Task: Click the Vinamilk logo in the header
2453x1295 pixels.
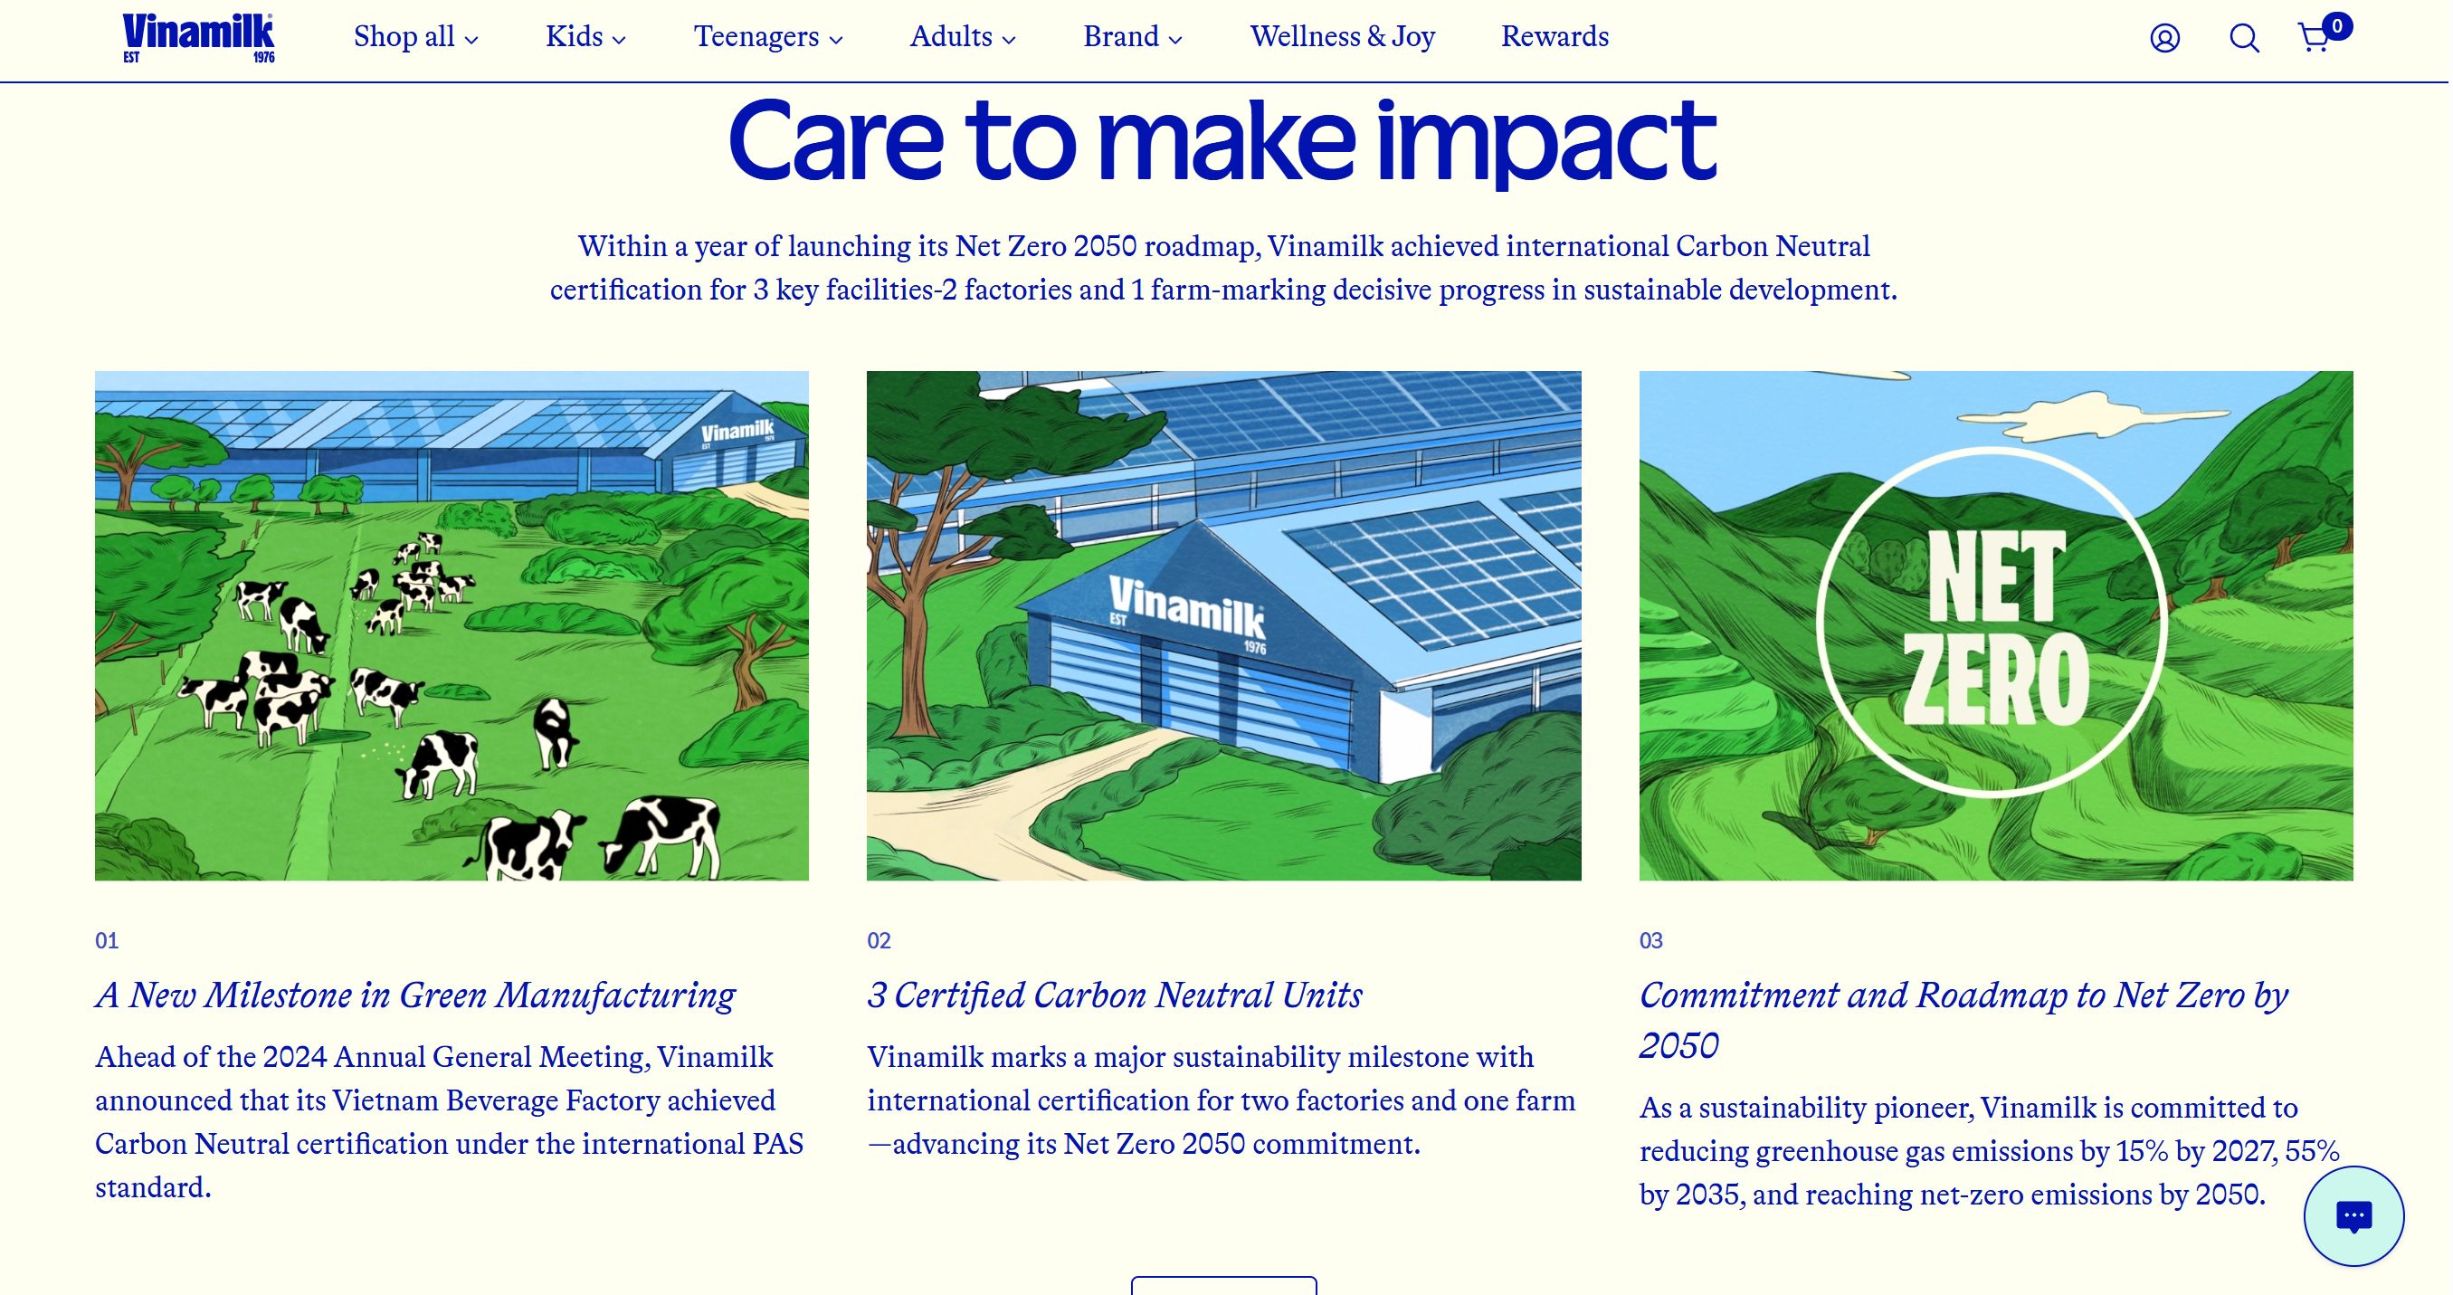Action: pos(198,38)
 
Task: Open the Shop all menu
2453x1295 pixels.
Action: pos(416,37)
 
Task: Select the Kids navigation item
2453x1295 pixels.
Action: pos(585,37)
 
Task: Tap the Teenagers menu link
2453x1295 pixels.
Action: pos(768,37)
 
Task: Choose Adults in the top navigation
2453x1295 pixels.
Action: pos(963,37)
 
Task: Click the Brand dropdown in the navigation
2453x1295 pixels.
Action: pos(1132,37)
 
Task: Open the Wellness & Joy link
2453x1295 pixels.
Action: pos(1342,37)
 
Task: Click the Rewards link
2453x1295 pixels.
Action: pos(1555,37)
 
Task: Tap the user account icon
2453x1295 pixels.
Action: pos(2164,38)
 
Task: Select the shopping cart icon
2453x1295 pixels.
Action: pos(2315,38)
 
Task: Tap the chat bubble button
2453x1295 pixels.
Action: pos(2353,1216)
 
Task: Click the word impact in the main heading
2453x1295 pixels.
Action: pos(1545,141)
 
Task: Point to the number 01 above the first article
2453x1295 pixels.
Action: pos(107,941)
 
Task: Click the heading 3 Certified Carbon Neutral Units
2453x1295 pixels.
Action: pos(1114,995)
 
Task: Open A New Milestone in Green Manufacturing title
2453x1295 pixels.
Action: pos(415,996)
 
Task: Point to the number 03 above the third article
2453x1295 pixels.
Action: pos(1651,941)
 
